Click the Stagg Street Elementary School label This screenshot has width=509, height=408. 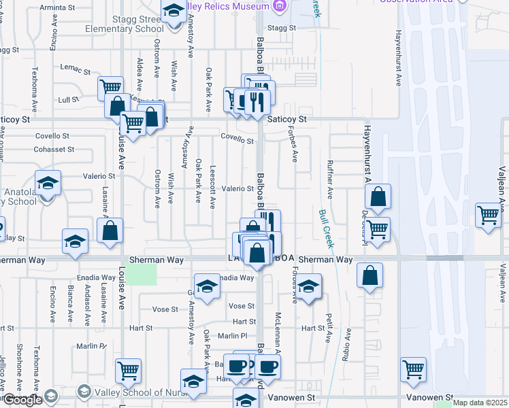[x=124, y=24]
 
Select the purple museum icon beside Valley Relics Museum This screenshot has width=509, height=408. [x=277, y=6]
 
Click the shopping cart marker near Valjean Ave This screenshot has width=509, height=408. [x=489, y=216]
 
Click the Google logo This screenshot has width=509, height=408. [x=22, y=400]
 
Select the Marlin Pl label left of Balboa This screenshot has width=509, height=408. [x=233, y=336]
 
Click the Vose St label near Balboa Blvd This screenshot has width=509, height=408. [x=241, y=307]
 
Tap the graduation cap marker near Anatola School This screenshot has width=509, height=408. [x=48, y=184]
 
